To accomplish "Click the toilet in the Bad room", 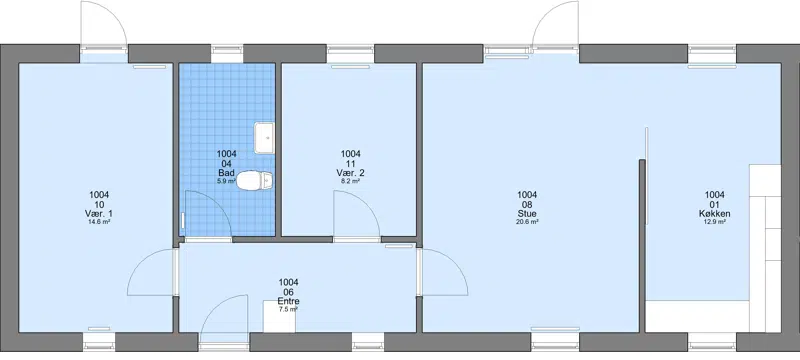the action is (x=255, y=180).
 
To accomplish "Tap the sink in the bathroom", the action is (x=264, y=138).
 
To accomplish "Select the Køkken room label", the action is (x=714, y=214).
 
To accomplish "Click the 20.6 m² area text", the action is (x=527, y=222).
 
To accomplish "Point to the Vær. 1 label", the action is (x=99, y=213).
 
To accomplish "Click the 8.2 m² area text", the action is (x=351, y=181).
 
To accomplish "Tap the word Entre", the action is (x=288, y=301).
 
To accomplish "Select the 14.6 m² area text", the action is (x=99, y=222).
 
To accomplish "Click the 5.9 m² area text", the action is (x=226, y=181).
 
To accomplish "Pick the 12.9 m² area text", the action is (x=714, y=222).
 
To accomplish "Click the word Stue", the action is (x=527, y=214).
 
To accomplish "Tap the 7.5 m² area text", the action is (x=288, y=309).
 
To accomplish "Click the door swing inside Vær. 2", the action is (x=357, y=214).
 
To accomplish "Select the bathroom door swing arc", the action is (x=207, y=214).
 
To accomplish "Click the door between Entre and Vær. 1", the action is (x=152, y=272).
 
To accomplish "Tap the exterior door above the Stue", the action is (x=556, y=24).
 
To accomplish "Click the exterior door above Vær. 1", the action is (x=104, y=24).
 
